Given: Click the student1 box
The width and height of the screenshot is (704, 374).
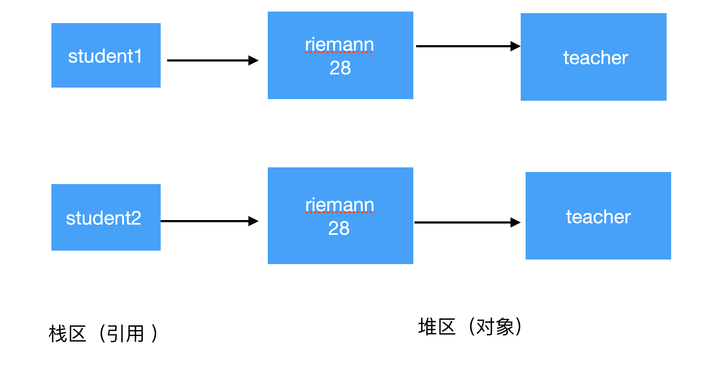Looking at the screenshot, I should (106, 55).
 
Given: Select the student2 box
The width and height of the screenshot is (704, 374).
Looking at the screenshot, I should (106, 217).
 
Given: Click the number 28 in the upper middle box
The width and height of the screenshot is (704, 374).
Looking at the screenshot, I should (340, 68).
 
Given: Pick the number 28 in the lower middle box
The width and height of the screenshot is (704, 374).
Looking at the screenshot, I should (339, 228).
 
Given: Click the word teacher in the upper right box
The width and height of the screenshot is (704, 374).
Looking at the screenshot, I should (595, 58).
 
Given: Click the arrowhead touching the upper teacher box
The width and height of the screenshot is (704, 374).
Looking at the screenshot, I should (515, 46).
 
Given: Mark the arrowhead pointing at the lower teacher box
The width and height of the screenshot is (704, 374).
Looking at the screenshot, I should (515, 222).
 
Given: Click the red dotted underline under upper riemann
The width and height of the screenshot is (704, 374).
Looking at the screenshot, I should (339, 52).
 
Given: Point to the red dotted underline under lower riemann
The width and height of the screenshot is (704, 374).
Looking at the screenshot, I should (339, 212).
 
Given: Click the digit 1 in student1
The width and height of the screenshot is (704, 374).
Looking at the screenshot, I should (138, 56).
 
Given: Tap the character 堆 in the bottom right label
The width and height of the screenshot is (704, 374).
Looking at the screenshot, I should (427, 326).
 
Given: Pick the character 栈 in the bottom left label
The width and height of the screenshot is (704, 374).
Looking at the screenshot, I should (58, 333).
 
